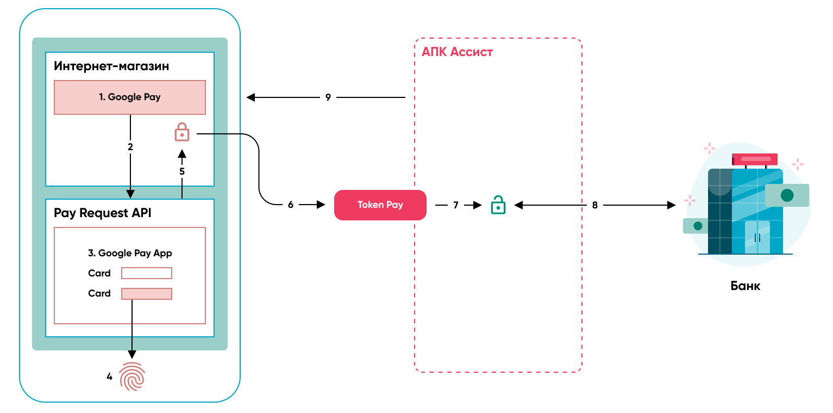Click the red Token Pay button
pyautogui.click(x=380, y=205)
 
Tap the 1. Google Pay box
pyautogui.click(x=130, y=97)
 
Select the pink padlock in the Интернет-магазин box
pyautogui.click(x=181, y=132)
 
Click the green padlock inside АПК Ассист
pyautogui.click(x=498, y=205)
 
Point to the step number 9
pyautogui.click(x=328, y=98)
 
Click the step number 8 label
pyautogui.click(x=595, y=205)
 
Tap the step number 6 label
pyautogui.click(x=291, y=205)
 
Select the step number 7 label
pyautogui.click(x=456, y=205)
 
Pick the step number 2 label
pyautogui.click(x=130, y=147)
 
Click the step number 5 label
pyautogui.click(x=182, y=171)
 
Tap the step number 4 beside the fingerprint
pyautogui.click(x=109, y=376)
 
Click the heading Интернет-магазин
pyautogui.click(x=111, y=66)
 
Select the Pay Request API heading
pyautogui.click(x=103, y=213)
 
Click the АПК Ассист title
pyautogui.click(x=457, y=52)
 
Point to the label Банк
pyautogui.click(x=746, y=286)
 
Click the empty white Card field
pyautogui.click(x=147, y=273)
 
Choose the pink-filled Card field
pyautogui.click(x=147, y=294)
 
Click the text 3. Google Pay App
pyautogui.click(x=130, y=253)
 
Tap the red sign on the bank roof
pyautogui.click(x=754, y=159)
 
